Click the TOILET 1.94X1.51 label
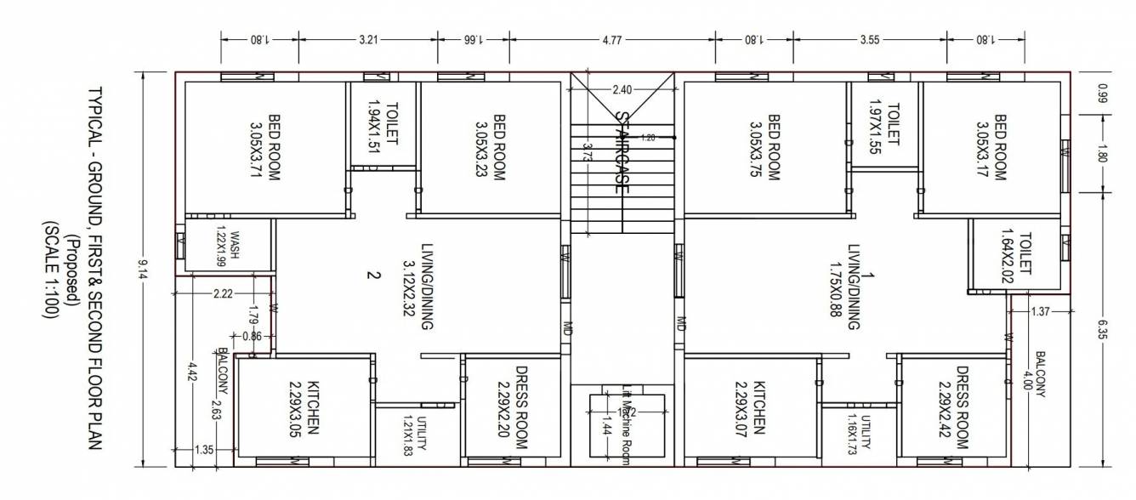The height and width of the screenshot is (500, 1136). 383,124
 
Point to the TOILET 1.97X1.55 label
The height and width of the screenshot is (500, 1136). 883,125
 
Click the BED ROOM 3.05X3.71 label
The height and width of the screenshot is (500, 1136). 265,145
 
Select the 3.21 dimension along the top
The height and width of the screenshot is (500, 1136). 367,39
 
